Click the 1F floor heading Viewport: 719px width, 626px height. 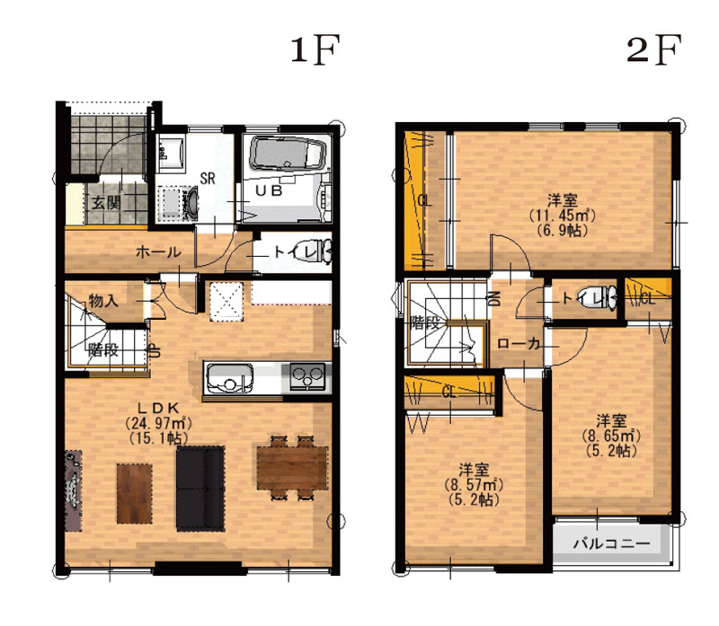tap(315, 49)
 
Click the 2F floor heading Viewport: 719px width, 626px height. tap(654, 49)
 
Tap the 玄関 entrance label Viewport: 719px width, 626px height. tap(106, 202)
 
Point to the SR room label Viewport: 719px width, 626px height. tap(208, 178)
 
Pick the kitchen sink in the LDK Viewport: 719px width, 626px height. tap(230, 378)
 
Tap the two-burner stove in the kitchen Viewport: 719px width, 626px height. tap(307, 377)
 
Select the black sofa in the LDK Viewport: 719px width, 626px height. tap(200, 489)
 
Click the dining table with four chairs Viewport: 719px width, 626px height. tap(293, 468)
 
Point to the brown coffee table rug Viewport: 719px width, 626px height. tap(134, 494)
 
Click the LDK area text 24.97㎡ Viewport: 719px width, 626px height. tap(158, 423)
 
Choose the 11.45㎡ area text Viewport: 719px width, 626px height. tap(563, 215)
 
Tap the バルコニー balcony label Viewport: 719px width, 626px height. tap(612, 544)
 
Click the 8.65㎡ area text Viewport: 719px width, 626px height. tap(611, 436)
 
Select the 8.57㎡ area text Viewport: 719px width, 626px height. tap(474, 484)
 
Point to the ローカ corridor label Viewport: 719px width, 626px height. tap(519, 344)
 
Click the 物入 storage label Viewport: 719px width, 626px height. tap(103, 301)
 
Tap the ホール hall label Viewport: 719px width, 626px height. tap(158, 252)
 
